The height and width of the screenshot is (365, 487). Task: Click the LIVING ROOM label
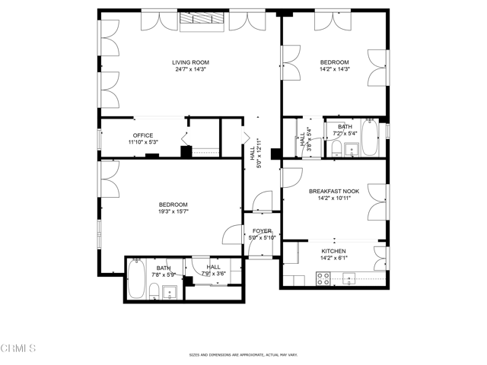point(189,62)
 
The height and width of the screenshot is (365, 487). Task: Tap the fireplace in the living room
point(202,22)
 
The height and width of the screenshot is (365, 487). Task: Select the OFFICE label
point(143,136)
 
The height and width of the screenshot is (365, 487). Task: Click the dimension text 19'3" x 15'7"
point(173,211)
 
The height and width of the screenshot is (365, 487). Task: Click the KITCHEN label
point(333,251)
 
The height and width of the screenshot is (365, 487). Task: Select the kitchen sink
point(349,279)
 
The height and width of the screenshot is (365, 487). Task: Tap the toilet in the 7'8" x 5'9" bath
point(154,290)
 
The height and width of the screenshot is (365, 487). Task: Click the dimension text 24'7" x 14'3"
point(189,69)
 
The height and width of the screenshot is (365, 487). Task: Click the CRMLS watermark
point(18,348)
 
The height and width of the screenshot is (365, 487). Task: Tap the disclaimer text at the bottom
point(243,355)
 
